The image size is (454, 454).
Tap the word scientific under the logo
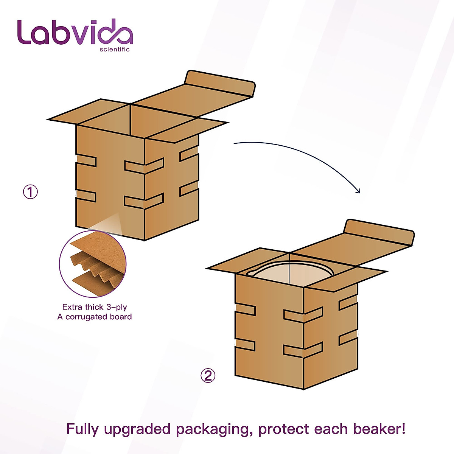tap(114, 49)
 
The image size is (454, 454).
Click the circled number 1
tap(31, 192)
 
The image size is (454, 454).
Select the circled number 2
tap(208, 376)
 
